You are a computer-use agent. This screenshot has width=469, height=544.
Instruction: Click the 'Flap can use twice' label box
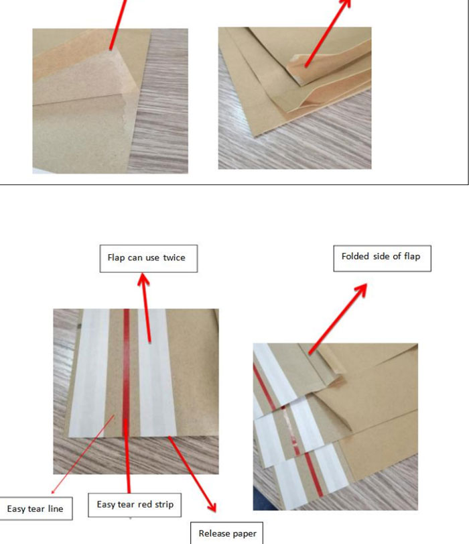click(149, 258)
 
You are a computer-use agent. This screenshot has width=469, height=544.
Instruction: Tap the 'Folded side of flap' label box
click(383, 258)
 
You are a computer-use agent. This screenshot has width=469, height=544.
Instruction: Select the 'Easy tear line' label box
click(36, 508)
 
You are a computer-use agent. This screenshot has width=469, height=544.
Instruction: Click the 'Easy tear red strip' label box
click(135, 505)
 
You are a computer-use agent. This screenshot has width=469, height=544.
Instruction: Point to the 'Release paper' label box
click(226, 533)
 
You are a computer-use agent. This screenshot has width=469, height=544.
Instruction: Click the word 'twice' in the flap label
click(174, 258)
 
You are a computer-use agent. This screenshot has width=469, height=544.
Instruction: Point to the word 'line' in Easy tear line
click(56, 508)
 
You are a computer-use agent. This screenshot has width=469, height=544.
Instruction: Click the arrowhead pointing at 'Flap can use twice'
click(143, 279)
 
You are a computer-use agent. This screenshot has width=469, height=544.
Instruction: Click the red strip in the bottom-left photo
click(127, 373)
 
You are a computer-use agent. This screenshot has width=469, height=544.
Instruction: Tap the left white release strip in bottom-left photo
click(89, 373)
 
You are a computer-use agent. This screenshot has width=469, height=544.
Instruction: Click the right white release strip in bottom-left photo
click(157, 373)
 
